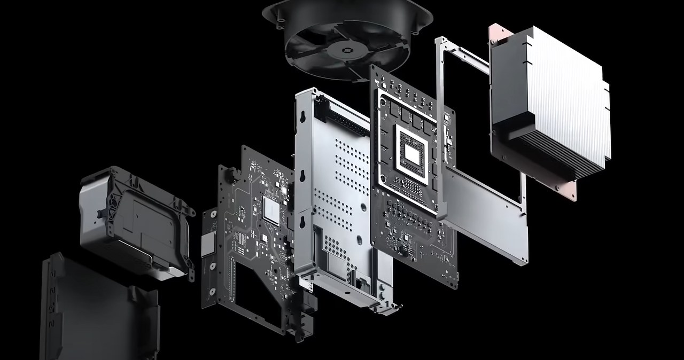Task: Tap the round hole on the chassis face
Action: coord(362,205)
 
